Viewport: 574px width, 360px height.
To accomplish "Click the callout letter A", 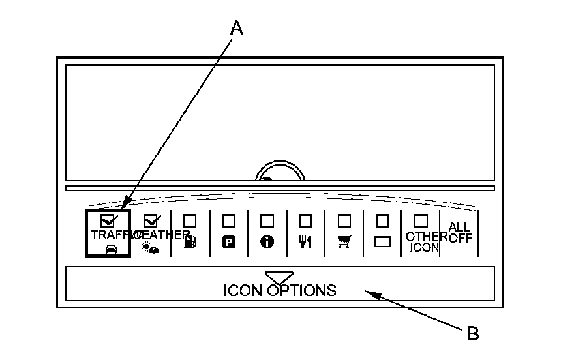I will tap(237, 27).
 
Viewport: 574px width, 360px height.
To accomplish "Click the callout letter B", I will tap(474, 334).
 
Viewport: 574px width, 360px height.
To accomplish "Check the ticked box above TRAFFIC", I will tap(108, 221).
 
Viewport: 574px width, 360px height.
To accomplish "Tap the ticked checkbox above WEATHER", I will tap(151, 221).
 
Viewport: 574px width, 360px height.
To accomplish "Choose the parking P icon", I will tap(228, 241).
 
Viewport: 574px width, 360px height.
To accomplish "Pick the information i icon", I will tap(267, 241).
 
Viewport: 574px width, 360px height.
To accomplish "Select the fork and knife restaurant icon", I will tap(305, 241).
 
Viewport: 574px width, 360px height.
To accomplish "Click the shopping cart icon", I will tap(344, 241).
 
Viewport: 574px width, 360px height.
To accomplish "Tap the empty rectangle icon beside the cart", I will tap(382, 241).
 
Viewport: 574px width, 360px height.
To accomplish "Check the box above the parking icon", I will tap(228, 221).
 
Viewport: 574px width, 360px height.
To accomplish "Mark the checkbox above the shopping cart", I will tap(344, 221).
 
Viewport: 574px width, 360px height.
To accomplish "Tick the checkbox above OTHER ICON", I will tap(421, 221).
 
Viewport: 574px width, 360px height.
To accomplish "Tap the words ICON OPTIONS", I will tap(280, 290).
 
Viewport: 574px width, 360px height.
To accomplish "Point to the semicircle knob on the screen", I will tap(280, 172).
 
